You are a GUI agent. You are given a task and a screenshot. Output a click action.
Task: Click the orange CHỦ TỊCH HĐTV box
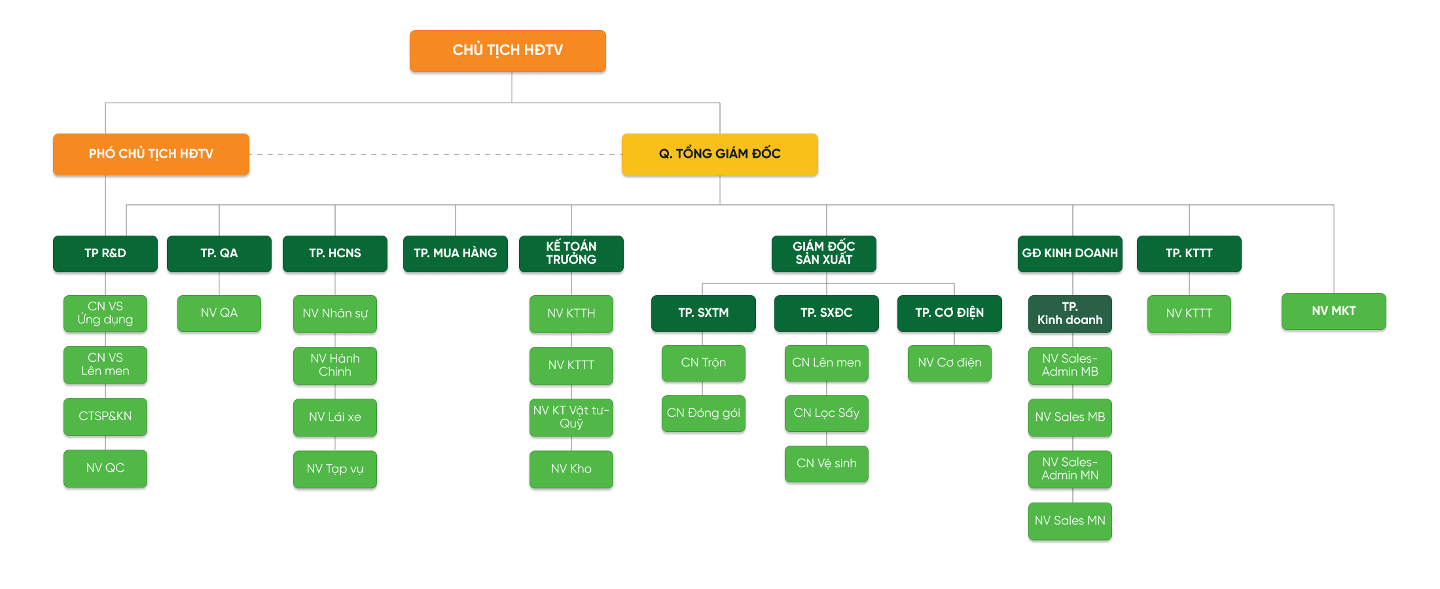(x=507, y=50)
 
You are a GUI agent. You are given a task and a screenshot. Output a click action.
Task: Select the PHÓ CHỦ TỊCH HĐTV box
(x=151, y=154)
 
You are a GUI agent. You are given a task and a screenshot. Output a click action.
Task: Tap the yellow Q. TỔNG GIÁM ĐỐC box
(x=719, y=154)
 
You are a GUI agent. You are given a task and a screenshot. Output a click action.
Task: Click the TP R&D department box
(x=105, y=253)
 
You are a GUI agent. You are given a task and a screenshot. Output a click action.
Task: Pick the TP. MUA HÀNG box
(x=456, y=253)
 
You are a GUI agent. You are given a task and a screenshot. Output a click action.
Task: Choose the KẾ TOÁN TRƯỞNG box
(x=571, y=253)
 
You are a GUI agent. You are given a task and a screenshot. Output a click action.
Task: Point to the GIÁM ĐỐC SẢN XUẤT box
(x=824, y=253)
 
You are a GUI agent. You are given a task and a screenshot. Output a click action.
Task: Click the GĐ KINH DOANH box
(x=1070, y=253)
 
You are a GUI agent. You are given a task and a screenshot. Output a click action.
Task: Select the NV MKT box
(x=1334, y=311)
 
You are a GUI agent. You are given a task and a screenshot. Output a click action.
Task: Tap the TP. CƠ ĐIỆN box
(x=950, y=313)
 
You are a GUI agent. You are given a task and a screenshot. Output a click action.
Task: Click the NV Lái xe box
(x=335, y=417)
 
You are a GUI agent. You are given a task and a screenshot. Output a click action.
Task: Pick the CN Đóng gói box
(x=704, y=413)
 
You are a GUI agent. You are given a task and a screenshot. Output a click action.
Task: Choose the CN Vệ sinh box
(x=827, y=463)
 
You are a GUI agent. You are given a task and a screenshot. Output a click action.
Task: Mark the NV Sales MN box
(x=1070, y=521)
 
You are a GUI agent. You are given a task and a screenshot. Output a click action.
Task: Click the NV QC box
(x=105, y=468)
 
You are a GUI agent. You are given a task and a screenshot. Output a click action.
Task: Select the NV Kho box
(x=571, y=469)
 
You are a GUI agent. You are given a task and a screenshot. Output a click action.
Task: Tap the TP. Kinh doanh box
(x=1070, y=313)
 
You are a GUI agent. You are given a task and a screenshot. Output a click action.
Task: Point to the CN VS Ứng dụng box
(x=105, y=313)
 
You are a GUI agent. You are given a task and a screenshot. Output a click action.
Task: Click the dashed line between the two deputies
(x=435, y=154)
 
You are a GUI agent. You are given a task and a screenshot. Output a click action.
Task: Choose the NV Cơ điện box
(x=950, y=363)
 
